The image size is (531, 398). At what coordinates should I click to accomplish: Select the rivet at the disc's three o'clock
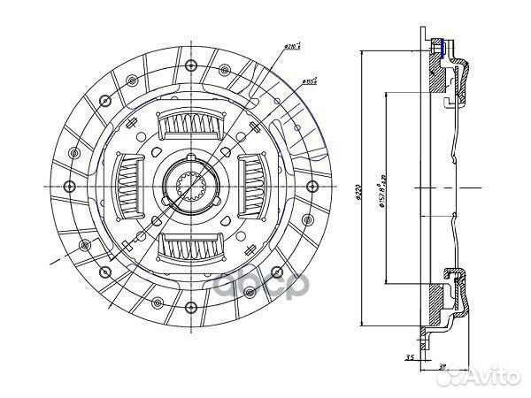pyautogui.click(x=311, y=186)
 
